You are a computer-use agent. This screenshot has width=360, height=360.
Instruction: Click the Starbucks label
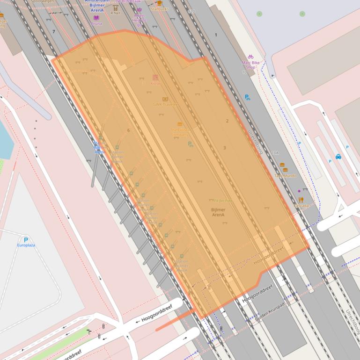[x=160, y=9]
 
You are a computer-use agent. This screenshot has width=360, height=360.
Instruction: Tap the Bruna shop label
[x=96, y=23]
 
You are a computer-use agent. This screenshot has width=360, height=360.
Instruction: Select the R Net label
[x=115, y=13]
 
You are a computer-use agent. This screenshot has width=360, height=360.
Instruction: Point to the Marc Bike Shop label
[x=250, y=65]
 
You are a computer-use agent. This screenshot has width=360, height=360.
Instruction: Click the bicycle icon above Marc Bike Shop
[x=250, y=56]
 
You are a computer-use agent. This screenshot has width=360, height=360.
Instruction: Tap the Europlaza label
[x=26, y=245]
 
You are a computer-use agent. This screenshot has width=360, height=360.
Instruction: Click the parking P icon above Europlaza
[x=26, y=239]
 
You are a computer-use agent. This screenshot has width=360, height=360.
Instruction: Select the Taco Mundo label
[x=285, y=176]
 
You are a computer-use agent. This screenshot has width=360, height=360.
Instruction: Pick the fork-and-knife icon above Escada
[x=301, y=200]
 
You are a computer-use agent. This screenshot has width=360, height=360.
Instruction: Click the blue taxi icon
[x=338, y=157]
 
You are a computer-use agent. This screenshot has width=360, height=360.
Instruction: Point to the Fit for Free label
[x=222, y=201]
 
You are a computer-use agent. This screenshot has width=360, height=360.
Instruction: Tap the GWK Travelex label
[x=165, y=104]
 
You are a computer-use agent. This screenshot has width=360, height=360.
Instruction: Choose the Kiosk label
[x=155, y=84]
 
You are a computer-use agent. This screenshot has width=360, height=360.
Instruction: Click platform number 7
[x=54, y=32]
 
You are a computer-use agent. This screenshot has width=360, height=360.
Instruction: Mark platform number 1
[x=216, y=35]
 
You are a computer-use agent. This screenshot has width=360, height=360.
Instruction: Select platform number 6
[x=128, y=130]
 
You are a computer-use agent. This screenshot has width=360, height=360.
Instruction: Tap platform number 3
[x=224, y=148]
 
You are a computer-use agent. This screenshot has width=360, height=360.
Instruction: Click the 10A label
[x=275, y=153]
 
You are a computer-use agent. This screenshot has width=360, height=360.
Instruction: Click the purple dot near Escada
[x=299, y=191]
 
